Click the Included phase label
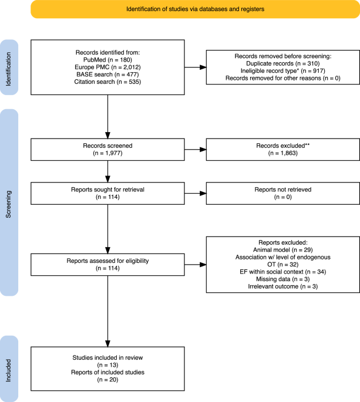8,367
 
